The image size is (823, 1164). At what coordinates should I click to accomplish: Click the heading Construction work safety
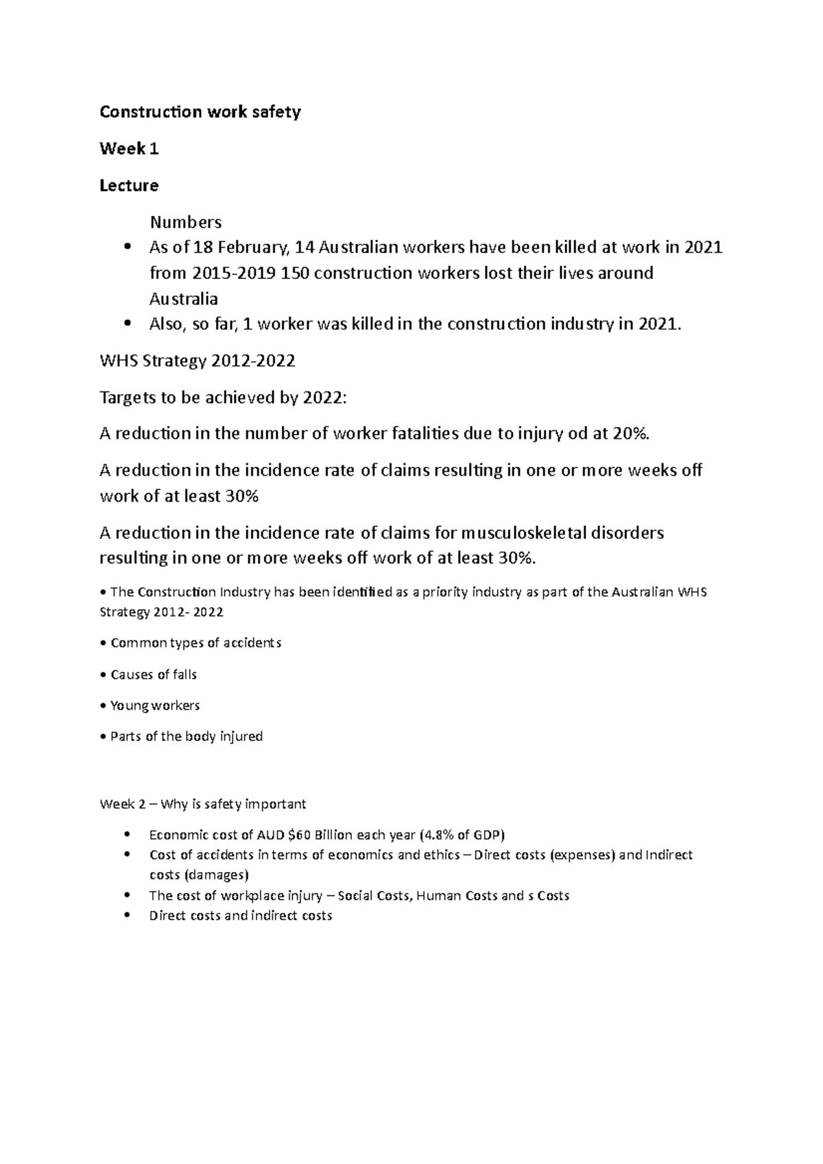(x=200, y=112)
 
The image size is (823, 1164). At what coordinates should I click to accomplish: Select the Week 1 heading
(x=129, y=149)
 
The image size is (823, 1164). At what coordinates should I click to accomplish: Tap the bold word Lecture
(x=129, y=186)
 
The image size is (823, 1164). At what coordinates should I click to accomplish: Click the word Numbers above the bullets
(x=186, y=222)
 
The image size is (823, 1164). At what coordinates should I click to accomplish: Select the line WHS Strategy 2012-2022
(x=198, y=361)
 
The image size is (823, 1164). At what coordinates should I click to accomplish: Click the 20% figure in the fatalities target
(x=630, y=433)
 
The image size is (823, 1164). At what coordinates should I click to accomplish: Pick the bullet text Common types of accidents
(x=195, y=643)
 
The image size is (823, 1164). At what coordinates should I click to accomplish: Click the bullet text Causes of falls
(x=154, y=675)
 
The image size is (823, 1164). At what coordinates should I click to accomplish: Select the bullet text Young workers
(x=155, y=705)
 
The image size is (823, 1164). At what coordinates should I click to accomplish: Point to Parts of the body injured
(x=186, y=736)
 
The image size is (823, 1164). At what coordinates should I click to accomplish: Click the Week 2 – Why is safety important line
(x=203, y=804)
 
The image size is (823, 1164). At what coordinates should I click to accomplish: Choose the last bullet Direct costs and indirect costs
(x=240, y=916)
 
